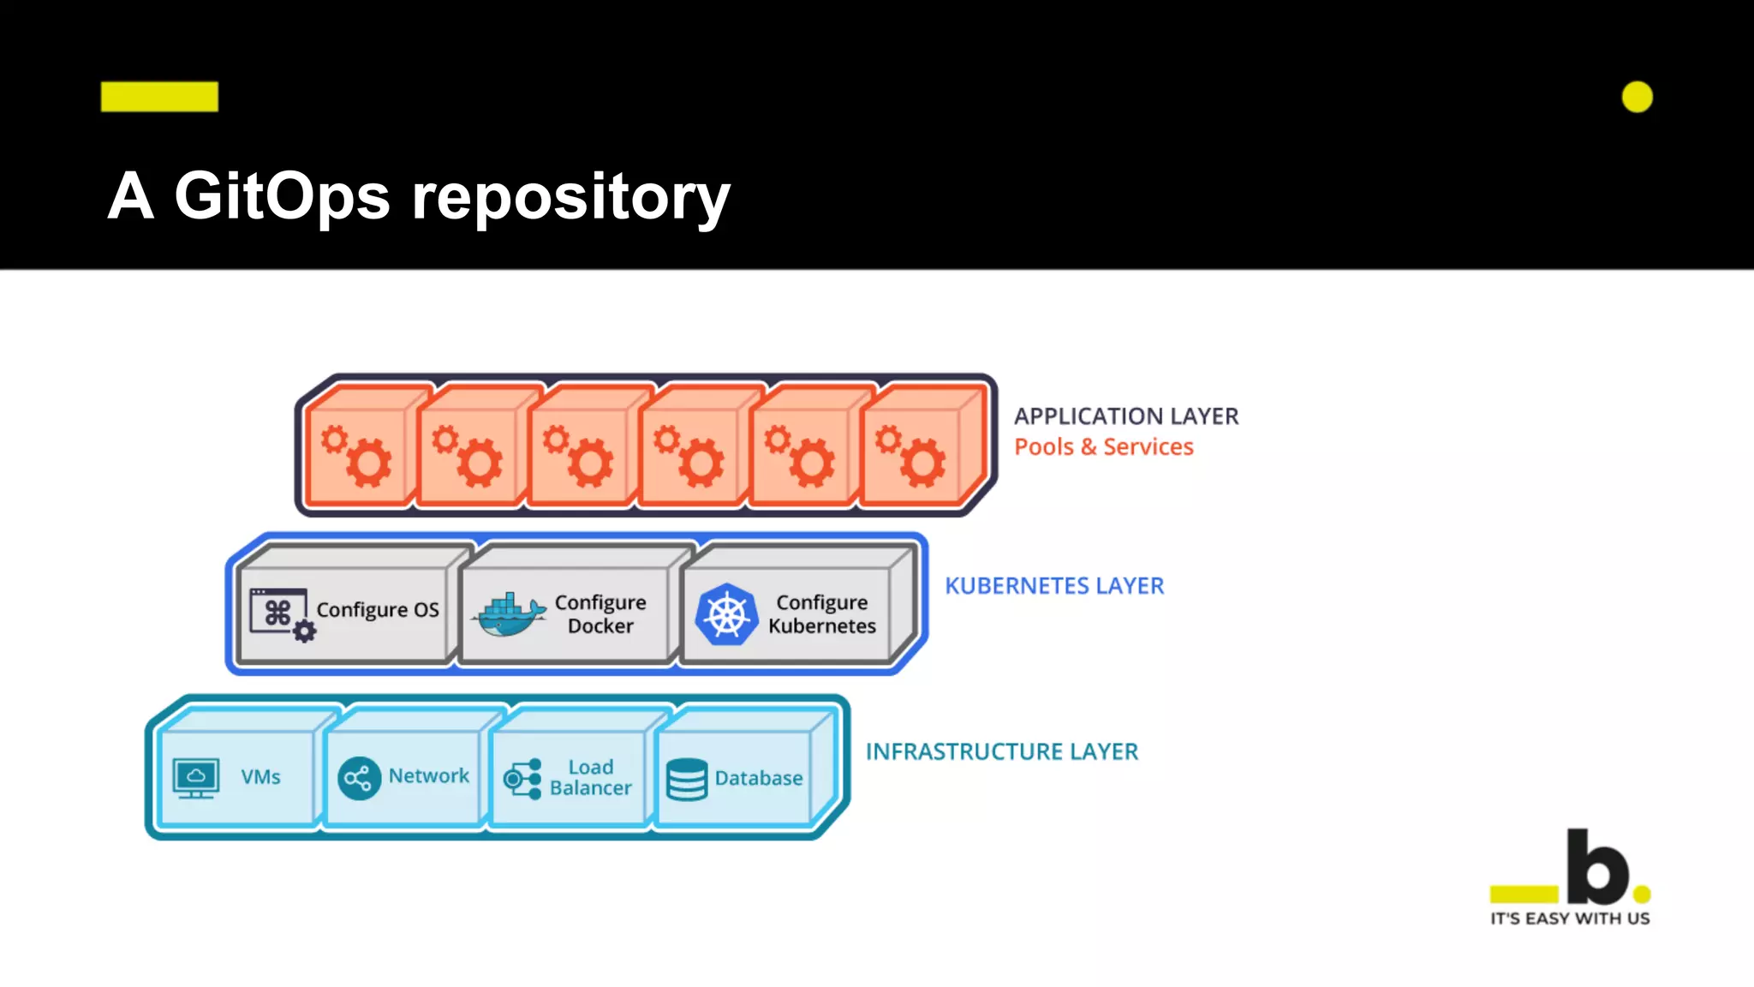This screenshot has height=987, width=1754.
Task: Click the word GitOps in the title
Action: (282, 197)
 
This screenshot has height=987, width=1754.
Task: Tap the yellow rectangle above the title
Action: (159, 97)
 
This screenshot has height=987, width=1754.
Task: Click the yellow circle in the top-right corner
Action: (1637, 97)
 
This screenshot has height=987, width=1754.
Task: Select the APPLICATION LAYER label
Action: (1125, 416)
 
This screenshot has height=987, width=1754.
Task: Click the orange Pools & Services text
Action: (1103, 447)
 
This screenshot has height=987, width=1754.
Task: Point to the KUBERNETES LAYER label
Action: (1053, 586)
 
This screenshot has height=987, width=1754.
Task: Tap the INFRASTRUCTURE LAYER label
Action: (1001, 751)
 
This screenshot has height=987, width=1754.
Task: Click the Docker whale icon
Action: (509, 615)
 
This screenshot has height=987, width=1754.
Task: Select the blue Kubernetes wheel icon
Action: (726, 614)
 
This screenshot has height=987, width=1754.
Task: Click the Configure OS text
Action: (377, 610)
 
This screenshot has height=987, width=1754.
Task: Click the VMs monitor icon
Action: (196, 778)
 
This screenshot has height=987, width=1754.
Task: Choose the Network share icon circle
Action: (359, 778)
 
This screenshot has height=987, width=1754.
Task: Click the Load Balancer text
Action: (590, 777)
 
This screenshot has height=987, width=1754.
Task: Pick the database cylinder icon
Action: (686, 779)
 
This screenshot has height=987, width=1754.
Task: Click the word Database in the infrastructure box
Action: (758, 778)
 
